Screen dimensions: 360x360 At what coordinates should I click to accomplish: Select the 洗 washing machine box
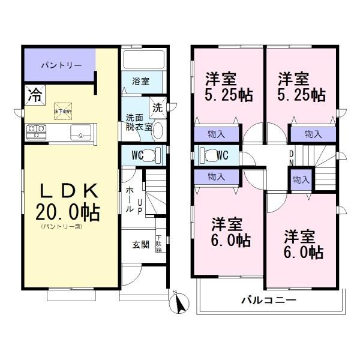[x=157, y=109]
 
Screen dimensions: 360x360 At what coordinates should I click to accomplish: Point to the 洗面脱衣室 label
[x=138, y=122]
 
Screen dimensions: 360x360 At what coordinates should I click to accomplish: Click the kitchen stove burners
[x=36, y=128]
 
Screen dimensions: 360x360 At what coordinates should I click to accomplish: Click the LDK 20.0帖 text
[x=69, y=203]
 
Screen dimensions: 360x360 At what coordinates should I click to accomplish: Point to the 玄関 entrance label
[x=140, y=244]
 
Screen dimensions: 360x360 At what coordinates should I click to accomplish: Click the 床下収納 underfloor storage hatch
[x=62, y=109]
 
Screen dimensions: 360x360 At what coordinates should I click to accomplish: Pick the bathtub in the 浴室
[x=143, y=60]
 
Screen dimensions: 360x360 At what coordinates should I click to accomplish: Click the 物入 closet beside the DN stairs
[x=301, y=179]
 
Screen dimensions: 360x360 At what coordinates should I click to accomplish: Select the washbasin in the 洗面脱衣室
[x=158, y=131]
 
